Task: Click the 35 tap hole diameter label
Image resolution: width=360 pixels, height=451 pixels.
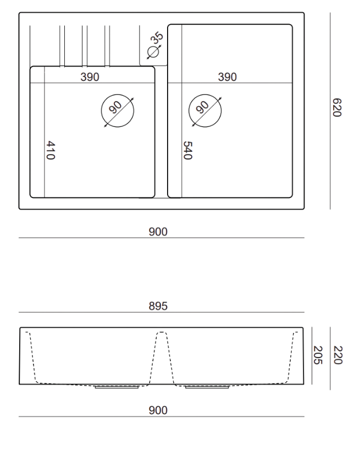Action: click(157, 38)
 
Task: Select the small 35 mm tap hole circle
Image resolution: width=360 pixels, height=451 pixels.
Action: click(153, 52)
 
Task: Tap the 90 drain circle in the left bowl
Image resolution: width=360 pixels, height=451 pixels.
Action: click(101, 111)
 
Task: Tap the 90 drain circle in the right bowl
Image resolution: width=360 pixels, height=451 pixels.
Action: click(189, 111)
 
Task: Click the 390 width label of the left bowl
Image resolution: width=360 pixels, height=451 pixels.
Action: click(90, 77)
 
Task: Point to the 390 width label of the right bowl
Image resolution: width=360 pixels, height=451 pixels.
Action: click(227, 77)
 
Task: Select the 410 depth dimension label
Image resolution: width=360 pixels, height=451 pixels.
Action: click(51, 150)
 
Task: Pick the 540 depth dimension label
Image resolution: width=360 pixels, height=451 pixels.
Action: click(188, 150)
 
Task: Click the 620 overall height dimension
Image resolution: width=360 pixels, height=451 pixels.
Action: click(337, 108)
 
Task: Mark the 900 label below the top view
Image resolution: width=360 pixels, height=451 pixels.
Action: click(158, 232)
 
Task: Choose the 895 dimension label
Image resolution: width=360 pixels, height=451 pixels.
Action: click(158, 306)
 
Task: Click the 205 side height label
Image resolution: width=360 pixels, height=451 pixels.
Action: click(318, 355)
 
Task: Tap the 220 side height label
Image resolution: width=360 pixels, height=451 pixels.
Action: click(337, 355)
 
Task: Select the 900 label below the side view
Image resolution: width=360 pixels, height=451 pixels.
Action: click(158, 410)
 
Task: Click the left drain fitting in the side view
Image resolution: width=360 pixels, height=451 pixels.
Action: click(117, 387)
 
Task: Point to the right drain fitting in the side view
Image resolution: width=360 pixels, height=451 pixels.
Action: click(207, 387)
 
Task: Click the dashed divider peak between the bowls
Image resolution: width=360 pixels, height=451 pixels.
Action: click(162, 332)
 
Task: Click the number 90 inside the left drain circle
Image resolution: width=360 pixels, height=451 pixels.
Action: click(115, 107)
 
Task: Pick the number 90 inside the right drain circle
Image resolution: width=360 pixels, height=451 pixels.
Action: click(202, 107)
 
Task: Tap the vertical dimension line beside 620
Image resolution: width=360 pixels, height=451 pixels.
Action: click(330, 111)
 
